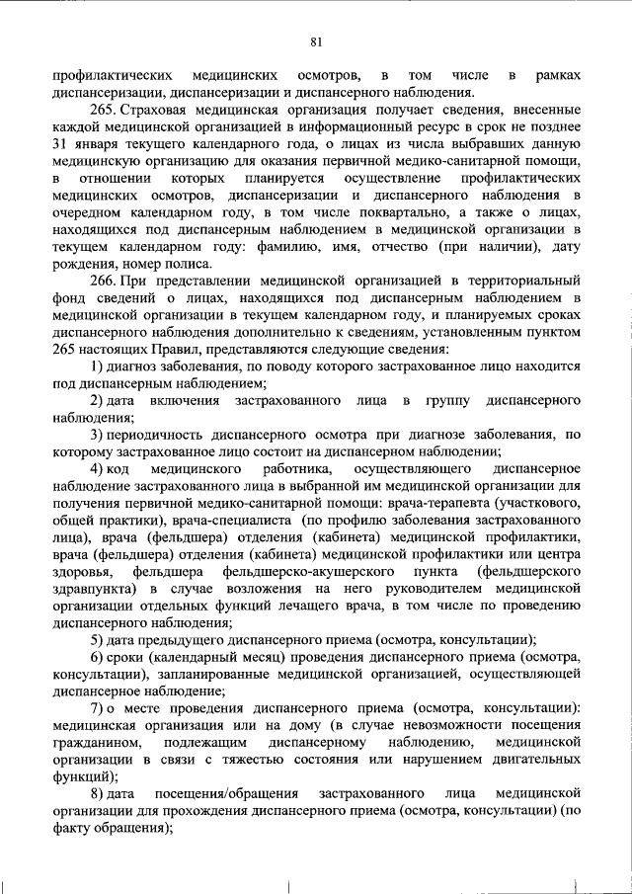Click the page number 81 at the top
317,41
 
